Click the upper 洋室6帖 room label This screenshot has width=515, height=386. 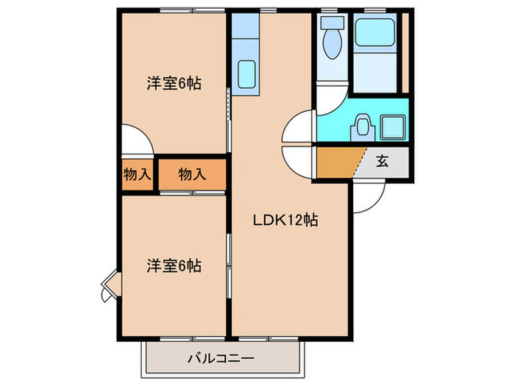173,83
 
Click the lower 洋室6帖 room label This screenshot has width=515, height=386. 173,265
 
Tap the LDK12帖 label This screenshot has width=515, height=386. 286,220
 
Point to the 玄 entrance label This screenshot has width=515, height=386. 383,162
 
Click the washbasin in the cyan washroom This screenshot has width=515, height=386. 361,126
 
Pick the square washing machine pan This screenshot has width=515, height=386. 394,127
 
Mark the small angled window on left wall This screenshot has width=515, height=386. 109,285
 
